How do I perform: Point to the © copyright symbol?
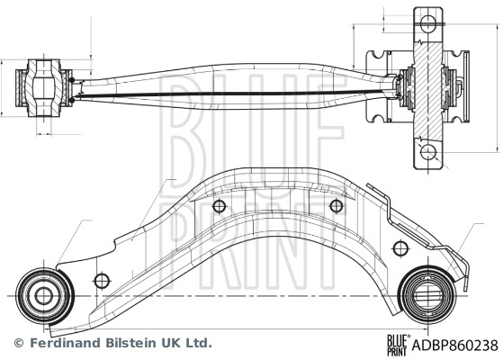tap(17, 343)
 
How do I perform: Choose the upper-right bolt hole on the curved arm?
tap(337, 206)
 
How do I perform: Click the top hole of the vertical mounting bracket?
tap(428, 20)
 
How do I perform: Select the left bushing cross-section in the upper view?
tap(43, 88)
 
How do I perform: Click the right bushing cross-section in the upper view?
tap(423, 86)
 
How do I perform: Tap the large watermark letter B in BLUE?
tap(184, 135)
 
